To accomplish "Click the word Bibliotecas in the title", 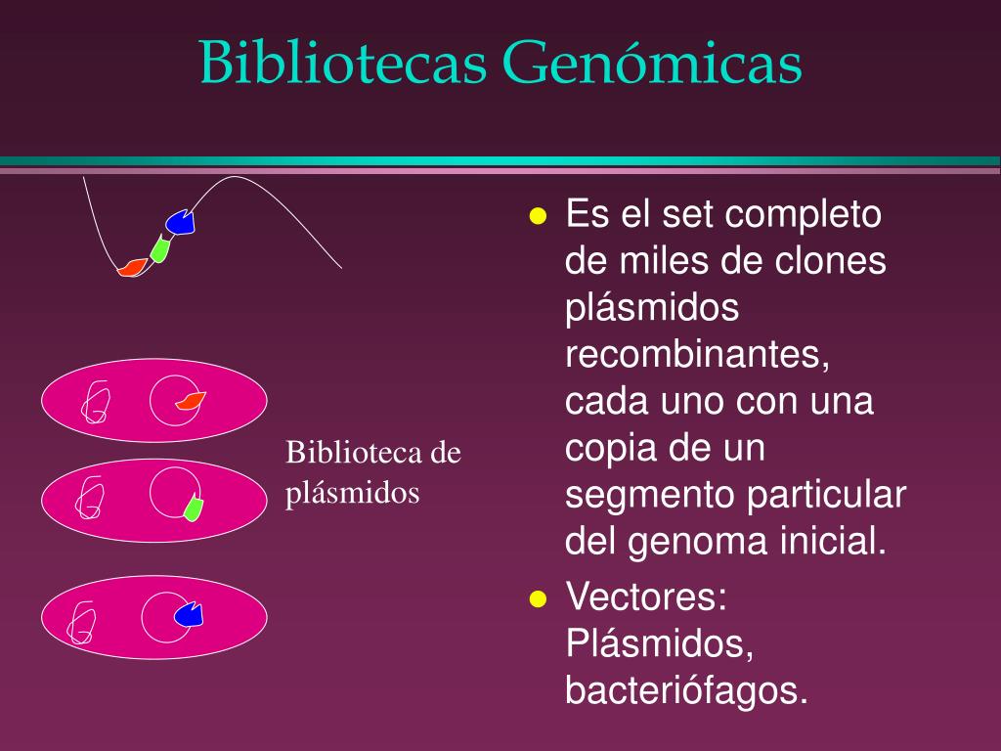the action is point(344,65).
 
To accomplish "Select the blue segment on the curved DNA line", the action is point(181,223).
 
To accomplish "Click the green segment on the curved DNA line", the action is point(160,248).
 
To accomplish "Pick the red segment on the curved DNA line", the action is point(132,266).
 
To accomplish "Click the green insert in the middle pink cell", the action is point(193,508).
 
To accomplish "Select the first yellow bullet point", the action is point(536,217).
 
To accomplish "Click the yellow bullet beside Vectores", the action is point(536,598).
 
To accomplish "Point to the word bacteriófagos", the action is point(687,690).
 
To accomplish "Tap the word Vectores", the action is point(644,596).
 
